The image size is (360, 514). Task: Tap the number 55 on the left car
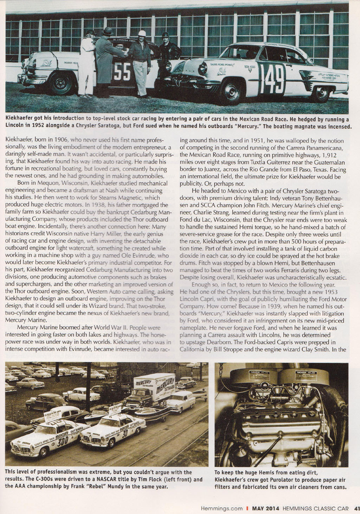(x=122, y=72)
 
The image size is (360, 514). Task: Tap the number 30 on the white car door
(x=125, y=434)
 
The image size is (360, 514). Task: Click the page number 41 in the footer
(x=356, y=508)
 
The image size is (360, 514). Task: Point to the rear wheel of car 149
(x=320, y=93)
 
